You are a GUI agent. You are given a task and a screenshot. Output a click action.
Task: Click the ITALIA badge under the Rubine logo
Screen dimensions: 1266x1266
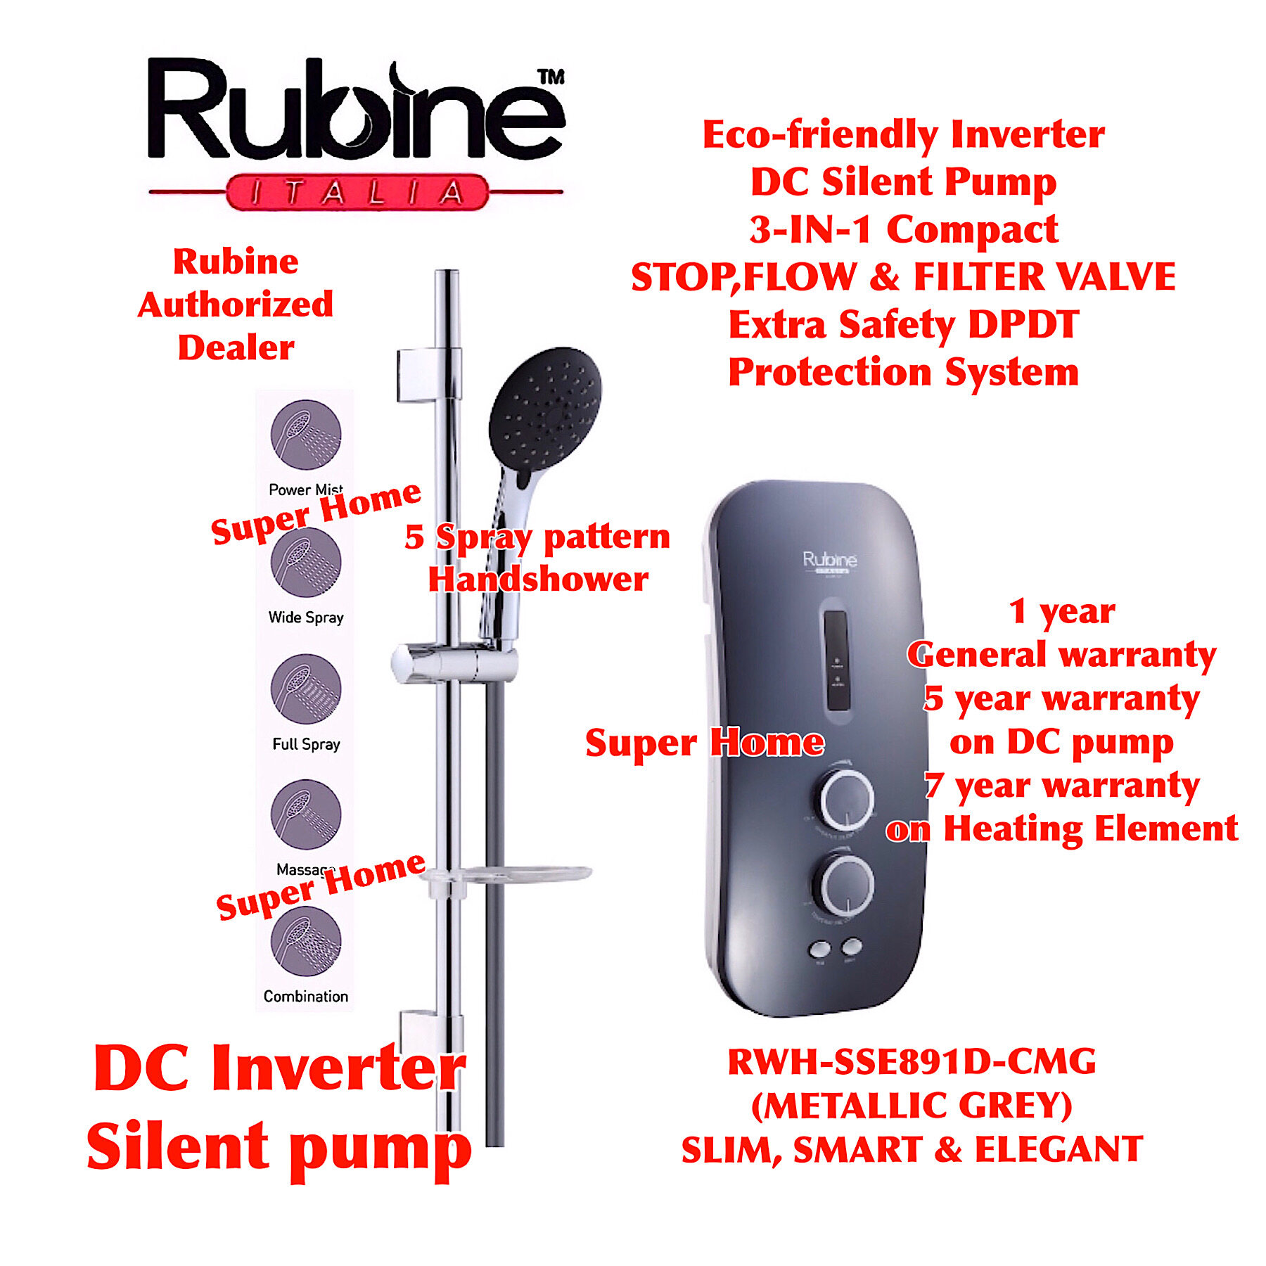point(357,192)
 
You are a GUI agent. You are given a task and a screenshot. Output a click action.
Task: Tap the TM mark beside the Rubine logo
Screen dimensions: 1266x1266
point(551,77)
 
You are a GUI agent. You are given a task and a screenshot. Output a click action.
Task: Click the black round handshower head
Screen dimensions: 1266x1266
point(545,408)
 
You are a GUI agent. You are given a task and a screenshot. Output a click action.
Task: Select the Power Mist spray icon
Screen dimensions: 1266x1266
point(306,435)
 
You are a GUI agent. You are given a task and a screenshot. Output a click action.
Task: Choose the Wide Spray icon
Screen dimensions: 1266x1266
point(306,562)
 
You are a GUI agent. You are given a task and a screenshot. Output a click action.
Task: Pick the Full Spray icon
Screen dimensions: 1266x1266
point(306,689)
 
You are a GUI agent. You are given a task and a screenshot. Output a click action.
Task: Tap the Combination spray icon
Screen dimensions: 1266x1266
point(306,942)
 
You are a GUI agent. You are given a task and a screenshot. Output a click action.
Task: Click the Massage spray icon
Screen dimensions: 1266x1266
point(306,814)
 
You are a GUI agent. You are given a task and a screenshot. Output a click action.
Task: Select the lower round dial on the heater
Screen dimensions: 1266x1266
point(848,885)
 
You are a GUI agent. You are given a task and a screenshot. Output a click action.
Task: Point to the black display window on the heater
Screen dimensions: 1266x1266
point(836,660)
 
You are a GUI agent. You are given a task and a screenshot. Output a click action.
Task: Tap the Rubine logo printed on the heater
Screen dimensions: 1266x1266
point(830,561)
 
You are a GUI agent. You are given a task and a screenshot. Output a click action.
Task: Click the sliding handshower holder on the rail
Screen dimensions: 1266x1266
point(454,663)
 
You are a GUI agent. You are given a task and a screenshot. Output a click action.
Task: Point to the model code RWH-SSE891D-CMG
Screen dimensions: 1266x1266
point(912,1062)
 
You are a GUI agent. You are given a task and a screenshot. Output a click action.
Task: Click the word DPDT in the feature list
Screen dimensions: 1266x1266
point(1023,325)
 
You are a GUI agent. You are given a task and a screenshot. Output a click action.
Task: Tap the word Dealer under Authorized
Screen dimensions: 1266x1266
point(236,348)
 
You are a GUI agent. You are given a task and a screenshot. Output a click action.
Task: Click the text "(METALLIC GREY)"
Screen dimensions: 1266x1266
point(912,1106)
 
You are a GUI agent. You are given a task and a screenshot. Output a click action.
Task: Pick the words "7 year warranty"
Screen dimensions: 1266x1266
point(1061,786)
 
